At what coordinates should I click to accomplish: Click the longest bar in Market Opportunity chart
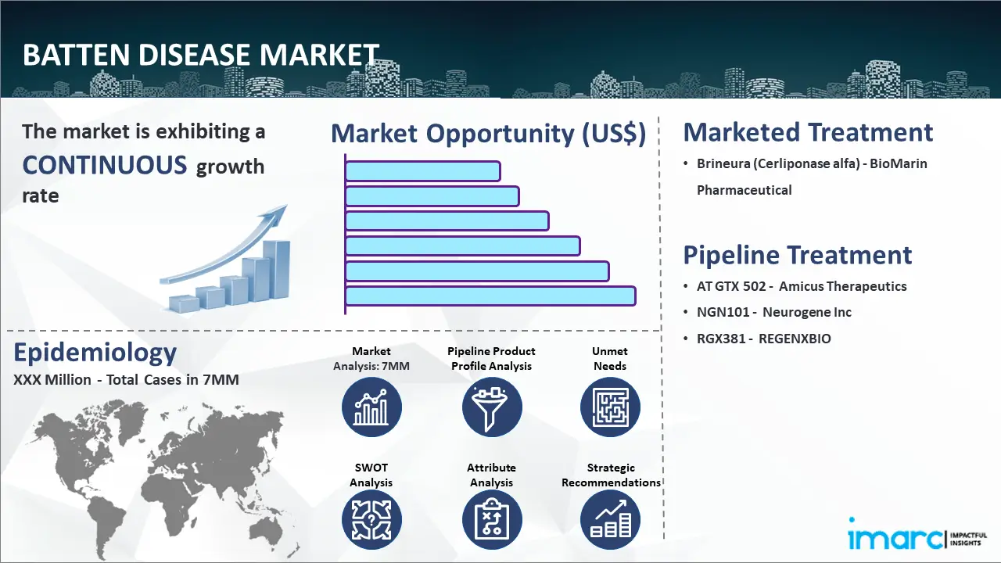pos(490,296)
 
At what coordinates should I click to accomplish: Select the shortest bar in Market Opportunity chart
pos(423,171)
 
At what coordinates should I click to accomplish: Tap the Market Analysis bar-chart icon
pos(371,407)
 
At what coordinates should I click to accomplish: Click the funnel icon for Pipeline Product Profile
pos(492,407)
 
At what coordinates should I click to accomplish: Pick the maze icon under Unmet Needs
pos(610,407)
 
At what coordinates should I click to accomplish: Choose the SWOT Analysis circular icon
pos(371,520)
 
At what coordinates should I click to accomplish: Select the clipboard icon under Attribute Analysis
pos(492,520)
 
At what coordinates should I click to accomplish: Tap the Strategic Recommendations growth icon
pos(610,520)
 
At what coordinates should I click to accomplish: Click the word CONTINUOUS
pos(105,165)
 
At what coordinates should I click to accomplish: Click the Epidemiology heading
pos(95,353)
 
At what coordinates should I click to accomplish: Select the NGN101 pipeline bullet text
pos(774,312)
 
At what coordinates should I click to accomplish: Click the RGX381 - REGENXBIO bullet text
pos(764,339)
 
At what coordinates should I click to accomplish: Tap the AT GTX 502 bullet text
pos(802,286)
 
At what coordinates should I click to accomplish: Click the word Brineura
pos(723,163)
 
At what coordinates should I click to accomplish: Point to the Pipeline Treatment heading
pos(797,255)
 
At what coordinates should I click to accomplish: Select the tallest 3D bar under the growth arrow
pos(277,271)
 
